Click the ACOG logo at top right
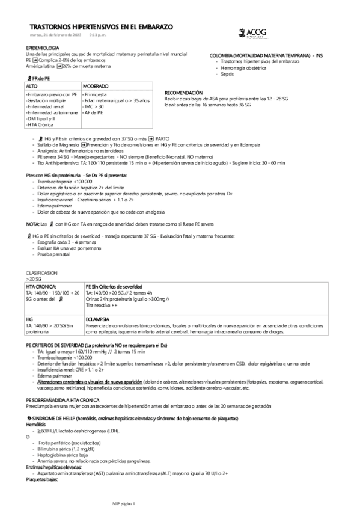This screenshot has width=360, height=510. [x=247, y=35]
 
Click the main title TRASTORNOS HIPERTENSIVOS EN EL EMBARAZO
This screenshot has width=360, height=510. [x=102, y=28]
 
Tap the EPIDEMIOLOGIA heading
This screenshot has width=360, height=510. [x=43, y=47]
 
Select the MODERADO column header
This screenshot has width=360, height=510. [x=96, y=87]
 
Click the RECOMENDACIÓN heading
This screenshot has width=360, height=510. [x=185, y=93]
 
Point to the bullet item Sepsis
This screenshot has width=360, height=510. [x=227, y=74]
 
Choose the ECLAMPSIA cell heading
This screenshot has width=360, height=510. [x=97, y=318]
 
